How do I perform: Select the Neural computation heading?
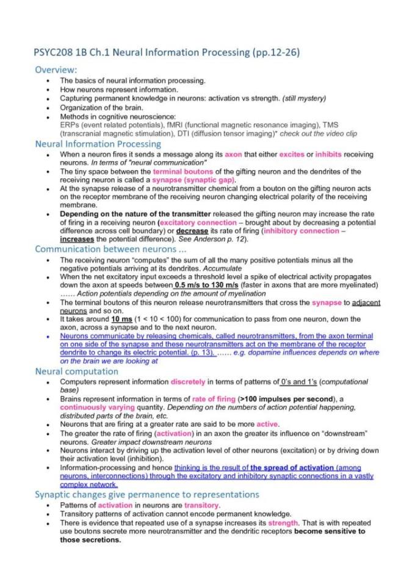pyautogui.click(x=76, y=370)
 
